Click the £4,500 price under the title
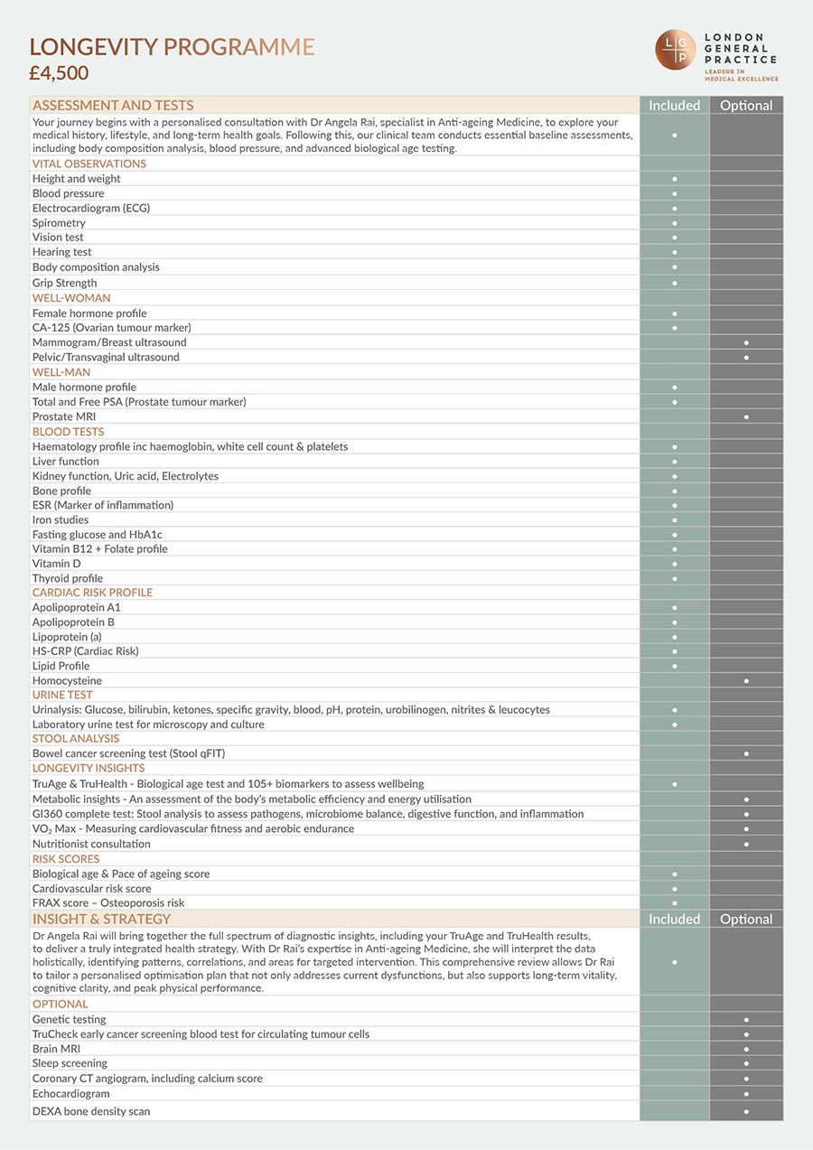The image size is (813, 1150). pyautogui.click(x=60, y=73)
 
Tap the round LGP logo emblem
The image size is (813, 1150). pyautogui.click(x=676, y=49)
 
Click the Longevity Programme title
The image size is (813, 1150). pyautogui.click(x=172, y=47)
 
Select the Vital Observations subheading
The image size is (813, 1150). pyautogui.click(x=89, y=164)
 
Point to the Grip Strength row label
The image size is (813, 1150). pyautogui.click(x=65, y=283)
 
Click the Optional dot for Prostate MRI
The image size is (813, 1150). pyautogui.click(x=746, y=416)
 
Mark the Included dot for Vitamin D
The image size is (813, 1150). pyautogui.click(x=675, y=564)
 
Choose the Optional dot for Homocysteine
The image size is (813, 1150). pyautogui.click(x=746, y=680)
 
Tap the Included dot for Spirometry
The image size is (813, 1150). pyautogui.click(x=675, y=223)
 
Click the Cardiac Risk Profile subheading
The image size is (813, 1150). pyautogui.click(x=92, y=593)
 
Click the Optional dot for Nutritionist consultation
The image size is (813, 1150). pyautogui.click(x=746, y=844)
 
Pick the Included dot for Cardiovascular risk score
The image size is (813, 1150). pyautogui.click(x=675, y=889)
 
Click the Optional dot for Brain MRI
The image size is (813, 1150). pyautogui.click(x=746, y=1049)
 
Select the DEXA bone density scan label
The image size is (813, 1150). pyautogui.click(x=91, y=1111)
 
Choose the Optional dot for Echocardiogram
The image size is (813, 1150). pyautogui.click(x=746, y=1094)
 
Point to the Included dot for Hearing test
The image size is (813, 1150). pyautogui.click(x=675, y=253)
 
